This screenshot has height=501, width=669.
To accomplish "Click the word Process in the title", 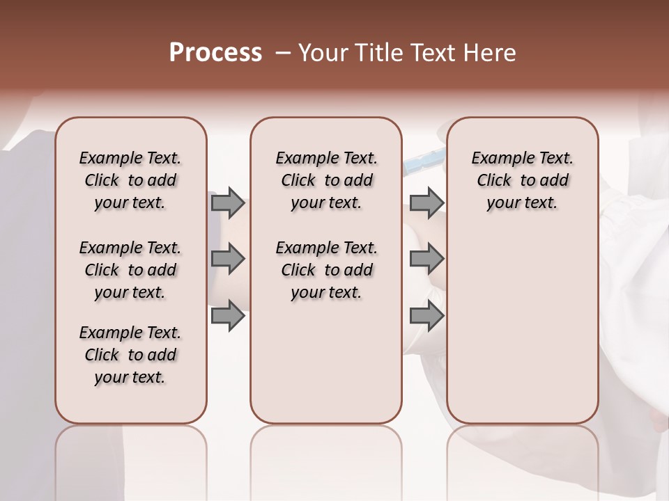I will pos(215,53).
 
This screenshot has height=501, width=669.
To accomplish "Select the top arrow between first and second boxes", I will pos(228,203).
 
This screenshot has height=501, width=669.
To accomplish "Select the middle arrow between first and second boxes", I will pos(228,260).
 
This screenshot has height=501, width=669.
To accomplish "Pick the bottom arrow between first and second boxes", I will pos(228,316).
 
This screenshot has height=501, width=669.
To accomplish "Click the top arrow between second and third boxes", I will pos(426,203).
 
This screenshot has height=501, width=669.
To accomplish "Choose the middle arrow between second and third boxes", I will pos(426,260).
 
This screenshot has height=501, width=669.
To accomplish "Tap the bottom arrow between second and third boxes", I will pos(426,316).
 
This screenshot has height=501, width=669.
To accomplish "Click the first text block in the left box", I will pos(130,180).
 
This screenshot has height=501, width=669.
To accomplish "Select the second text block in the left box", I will pos(130,270).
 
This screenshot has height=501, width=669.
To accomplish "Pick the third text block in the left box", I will pos(130,355).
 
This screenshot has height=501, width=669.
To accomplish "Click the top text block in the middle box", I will pos(326,180).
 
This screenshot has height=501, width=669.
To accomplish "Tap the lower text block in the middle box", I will pos(326,270).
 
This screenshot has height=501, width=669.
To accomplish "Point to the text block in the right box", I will pos(522,180).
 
